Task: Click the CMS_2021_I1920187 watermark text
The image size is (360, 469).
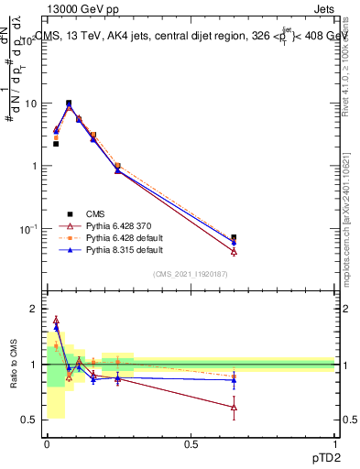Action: pos(191,274)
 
